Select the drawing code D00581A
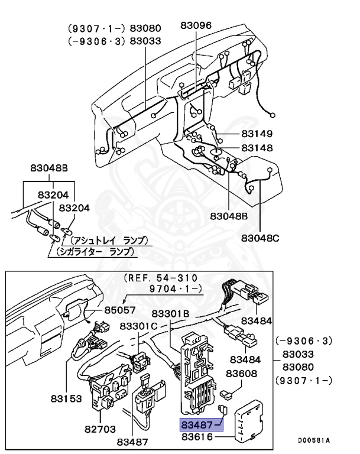[x=313, y=440]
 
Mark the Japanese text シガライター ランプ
[x=95, y=251]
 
